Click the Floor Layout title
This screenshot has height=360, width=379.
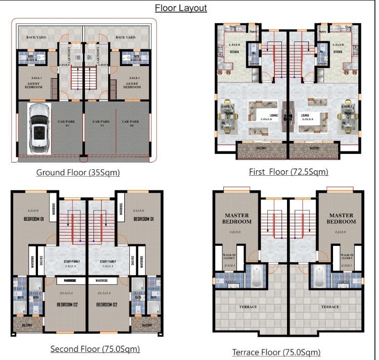pos(180,8)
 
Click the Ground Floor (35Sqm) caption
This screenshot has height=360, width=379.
pos(78,173)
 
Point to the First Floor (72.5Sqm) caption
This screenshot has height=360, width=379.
pos(289,172)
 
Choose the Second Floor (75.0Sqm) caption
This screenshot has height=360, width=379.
pos(95,349)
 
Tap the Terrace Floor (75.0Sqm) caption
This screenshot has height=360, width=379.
pos(276,352)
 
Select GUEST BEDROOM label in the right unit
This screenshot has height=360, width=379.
pos(132,84)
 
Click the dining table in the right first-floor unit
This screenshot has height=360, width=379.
pos(348,116)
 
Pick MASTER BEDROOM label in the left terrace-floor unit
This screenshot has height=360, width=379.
pos(237,219)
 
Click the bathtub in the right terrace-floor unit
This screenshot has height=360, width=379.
pos(320,275)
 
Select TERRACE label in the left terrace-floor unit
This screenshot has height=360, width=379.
pos(248,306)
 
